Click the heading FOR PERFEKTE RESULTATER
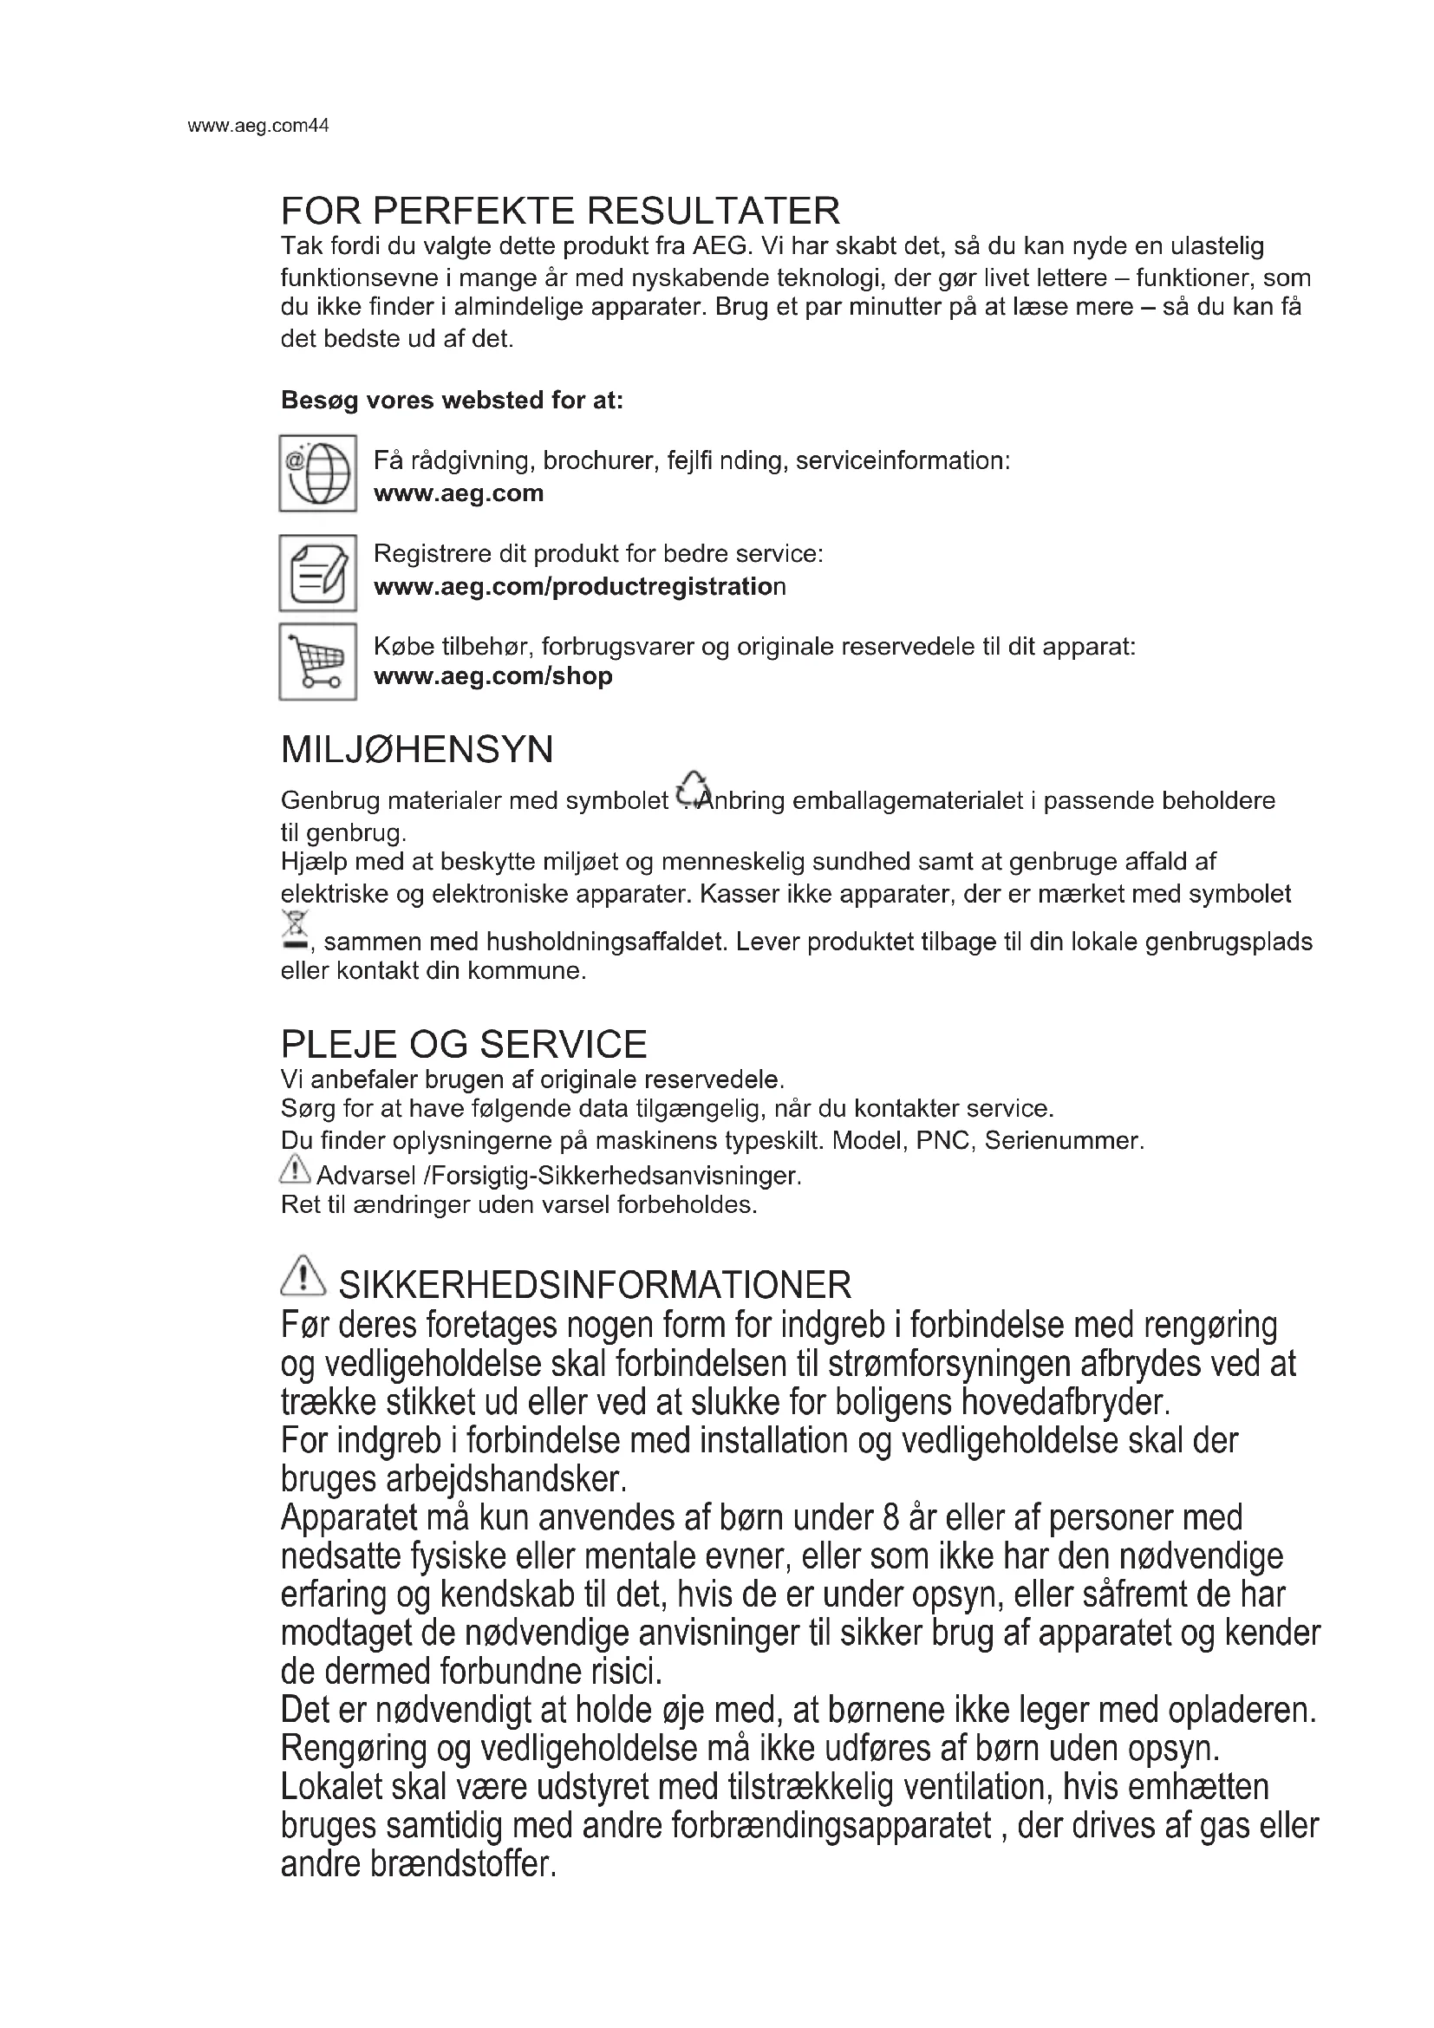560,211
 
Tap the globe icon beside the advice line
318,473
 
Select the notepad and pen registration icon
318,572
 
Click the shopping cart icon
318,662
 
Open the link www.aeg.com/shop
492,676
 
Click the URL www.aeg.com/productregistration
579,586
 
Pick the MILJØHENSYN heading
417,750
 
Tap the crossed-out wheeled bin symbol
295,930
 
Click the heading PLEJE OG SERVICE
464,1044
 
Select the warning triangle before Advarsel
295,1171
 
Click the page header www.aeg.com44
257,126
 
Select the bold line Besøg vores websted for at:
452,400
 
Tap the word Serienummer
1063,1140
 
